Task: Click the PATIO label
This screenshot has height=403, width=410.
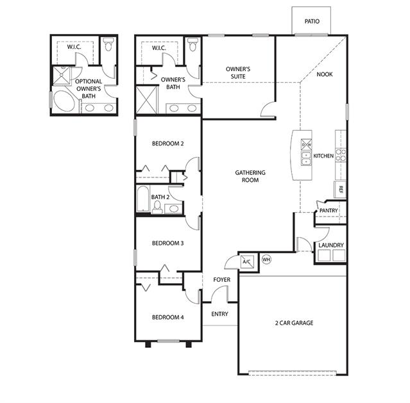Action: point(312,21)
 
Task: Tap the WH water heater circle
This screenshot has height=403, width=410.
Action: point(266,259)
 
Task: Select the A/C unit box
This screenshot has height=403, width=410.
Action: point(247,261)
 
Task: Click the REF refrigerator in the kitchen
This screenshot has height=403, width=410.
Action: point(340,190)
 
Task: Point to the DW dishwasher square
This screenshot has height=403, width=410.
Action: point(307,144)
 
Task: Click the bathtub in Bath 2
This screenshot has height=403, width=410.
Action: point(143,199)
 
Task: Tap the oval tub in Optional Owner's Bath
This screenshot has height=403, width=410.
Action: point(64,101)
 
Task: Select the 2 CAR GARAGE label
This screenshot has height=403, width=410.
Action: point(294,323)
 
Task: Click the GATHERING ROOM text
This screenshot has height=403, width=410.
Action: point(250,176)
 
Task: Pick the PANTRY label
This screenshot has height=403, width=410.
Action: point(329,211)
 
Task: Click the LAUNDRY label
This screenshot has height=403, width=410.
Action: point(331,245)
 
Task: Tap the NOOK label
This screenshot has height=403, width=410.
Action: point(325,74)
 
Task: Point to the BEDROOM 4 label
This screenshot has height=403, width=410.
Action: point(167,317)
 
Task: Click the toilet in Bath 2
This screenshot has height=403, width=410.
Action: point(157,207)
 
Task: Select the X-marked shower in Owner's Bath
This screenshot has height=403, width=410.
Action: point(147,100)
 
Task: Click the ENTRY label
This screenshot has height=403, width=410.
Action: point(219,314)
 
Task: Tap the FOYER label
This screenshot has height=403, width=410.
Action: point(222,280)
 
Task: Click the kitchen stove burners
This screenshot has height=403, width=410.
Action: point(341,154)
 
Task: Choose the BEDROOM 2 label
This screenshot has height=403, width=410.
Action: point(167,144)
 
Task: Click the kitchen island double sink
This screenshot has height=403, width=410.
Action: point(306,158)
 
